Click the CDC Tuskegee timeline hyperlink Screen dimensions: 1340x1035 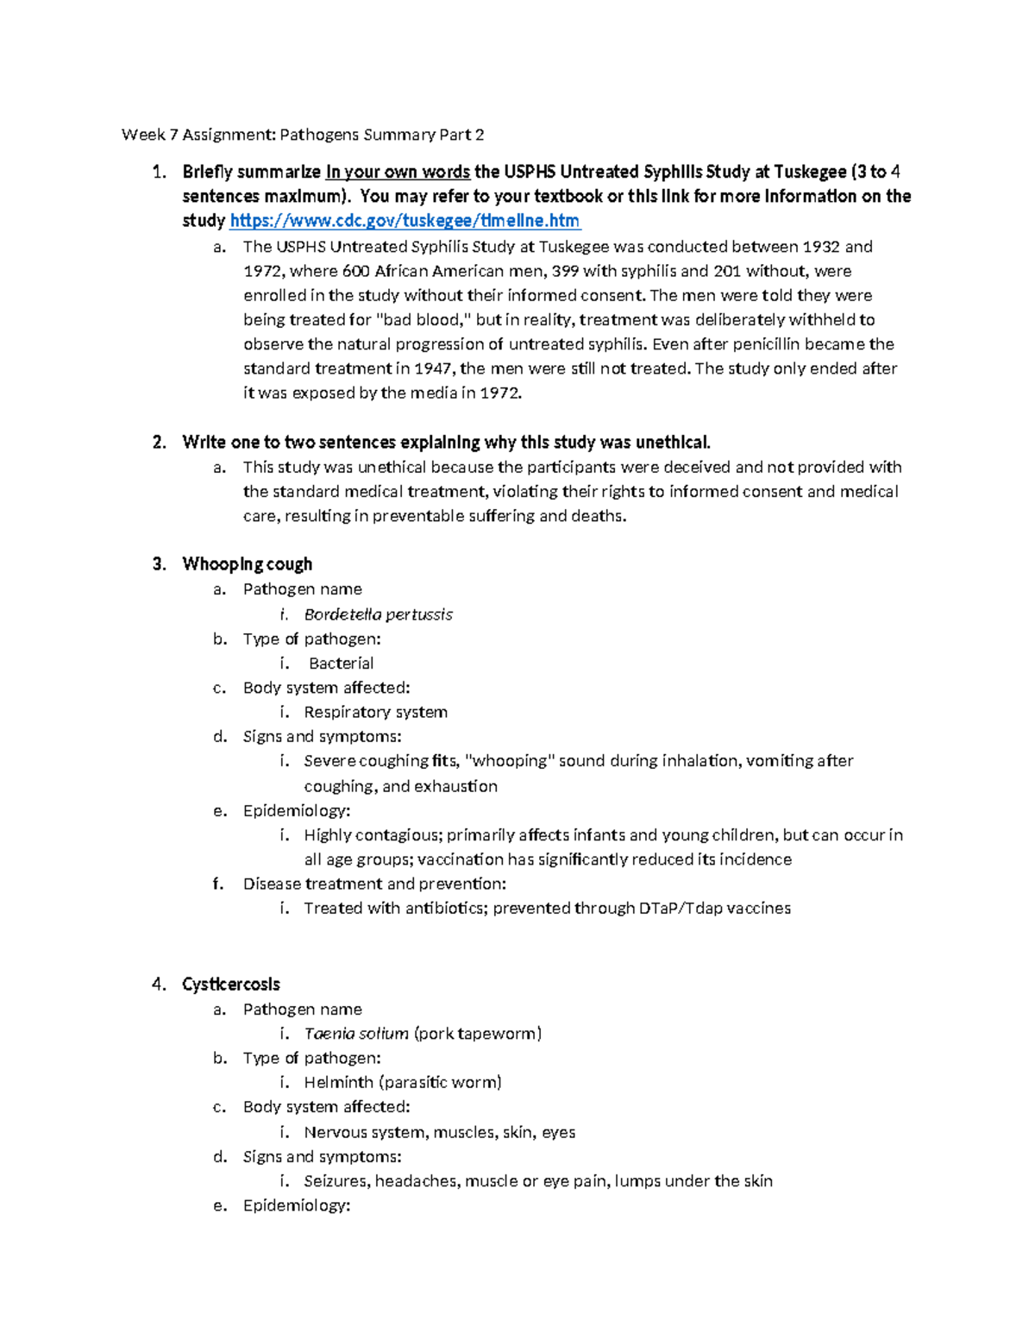point(405,221)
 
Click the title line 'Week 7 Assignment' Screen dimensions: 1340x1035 point(302,135)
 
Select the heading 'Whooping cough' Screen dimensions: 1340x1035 point(247,564)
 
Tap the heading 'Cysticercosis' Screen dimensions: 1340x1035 point(230,985)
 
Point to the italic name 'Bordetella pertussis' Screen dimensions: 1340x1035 point(378,614)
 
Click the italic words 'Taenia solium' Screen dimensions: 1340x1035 point(355,1034)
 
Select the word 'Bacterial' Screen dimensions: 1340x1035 point(341,664)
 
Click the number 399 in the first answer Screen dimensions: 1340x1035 point(565,271)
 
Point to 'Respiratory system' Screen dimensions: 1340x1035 point(375,713)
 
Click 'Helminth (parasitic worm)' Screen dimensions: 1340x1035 point(402,1083)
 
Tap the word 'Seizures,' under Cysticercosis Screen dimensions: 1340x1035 point(336,1181)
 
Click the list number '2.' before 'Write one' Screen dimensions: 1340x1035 point(159,443)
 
